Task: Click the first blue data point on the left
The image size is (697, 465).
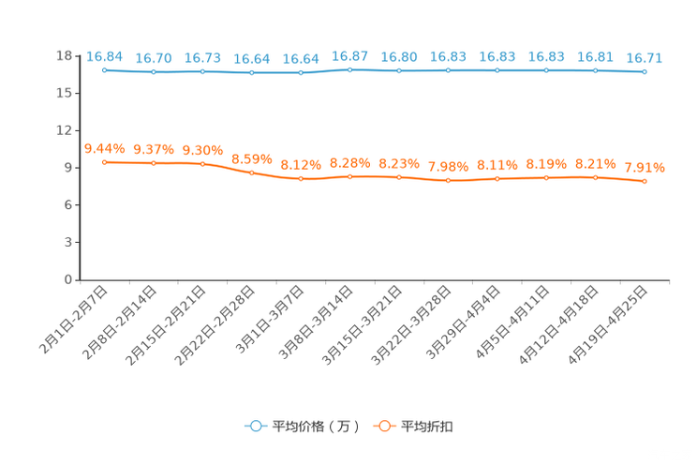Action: click(104, 69)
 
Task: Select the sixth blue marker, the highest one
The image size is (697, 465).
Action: click(349, 69)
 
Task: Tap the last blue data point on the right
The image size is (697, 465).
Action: click(644, 71)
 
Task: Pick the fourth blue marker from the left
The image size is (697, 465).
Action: click(251, 72)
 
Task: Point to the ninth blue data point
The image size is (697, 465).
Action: click(497, 70)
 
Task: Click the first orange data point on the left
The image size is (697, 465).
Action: click(104, 161)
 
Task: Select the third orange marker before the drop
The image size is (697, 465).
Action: click(202, 164)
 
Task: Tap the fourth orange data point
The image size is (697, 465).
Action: click(251, 173)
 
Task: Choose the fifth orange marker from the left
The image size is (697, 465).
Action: click(301, 178)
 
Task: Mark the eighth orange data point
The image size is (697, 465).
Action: click(448, 180)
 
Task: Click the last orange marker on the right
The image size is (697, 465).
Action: click(644, 181)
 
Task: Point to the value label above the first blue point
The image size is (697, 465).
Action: click(104, 55)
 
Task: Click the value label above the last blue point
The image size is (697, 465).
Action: click(644, 57)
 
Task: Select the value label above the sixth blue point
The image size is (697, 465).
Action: click(349, 55)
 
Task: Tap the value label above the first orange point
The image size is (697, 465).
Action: click(104, 147)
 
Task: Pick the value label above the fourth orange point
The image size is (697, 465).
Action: click(251, 158)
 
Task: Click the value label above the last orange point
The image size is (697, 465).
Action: click(644, 167)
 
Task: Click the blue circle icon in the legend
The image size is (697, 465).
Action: click(254, 426)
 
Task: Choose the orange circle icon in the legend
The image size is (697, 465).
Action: click(382, 426)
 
